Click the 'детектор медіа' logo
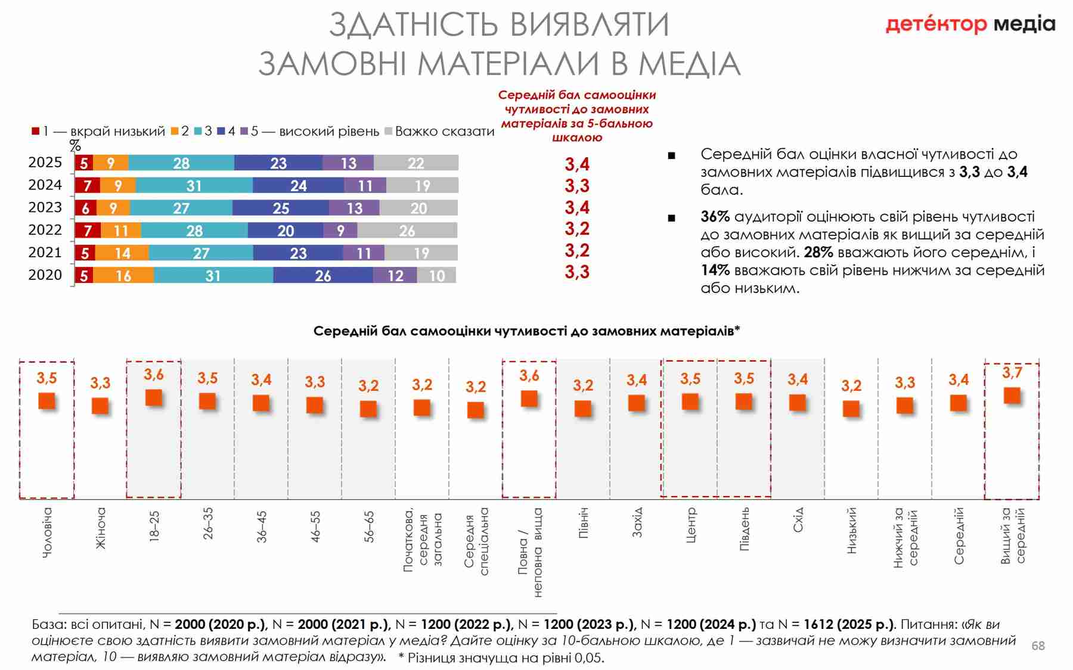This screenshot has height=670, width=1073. point(970,24)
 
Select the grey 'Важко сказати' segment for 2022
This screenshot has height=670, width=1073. point(407,230)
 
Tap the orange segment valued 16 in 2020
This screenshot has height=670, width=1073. point(123,275)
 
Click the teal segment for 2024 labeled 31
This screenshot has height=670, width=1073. point(194,186)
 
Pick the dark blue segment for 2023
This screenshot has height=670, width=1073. point(280,208)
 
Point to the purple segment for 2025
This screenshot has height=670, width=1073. point(348,163)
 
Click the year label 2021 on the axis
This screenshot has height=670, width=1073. point(45,253)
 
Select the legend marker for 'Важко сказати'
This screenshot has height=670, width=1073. point(388,131)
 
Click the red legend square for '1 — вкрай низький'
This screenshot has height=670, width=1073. point(36,131)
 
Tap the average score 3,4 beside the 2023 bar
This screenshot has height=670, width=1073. point(577,207)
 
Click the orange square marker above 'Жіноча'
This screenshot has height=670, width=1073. point(100,406)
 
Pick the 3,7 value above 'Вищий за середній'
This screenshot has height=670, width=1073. point(1012,373)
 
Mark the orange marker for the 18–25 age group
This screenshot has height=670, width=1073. point(154,397)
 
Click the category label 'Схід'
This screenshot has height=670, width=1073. point(798,520)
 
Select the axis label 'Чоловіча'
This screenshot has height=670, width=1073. point(47,532)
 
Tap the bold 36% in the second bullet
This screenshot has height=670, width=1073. point(715,217)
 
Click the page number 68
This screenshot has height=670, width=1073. point(1038,646)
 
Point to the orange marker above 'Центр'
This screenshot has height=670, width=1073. point(690,401)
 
